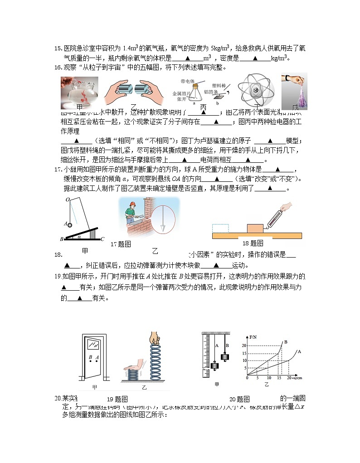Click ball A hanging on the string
[70, 223]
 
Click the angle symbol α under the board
[79, 236]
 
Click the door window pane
[95, 345]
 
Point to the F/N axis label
[253, 338]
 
